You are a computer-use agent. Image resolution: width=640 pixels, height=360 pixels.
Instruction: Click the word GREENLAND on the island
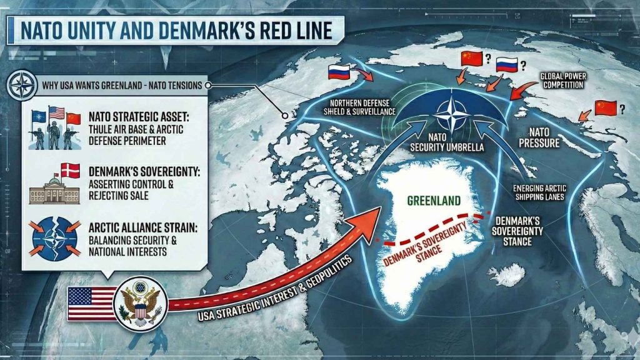(434, 201)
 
